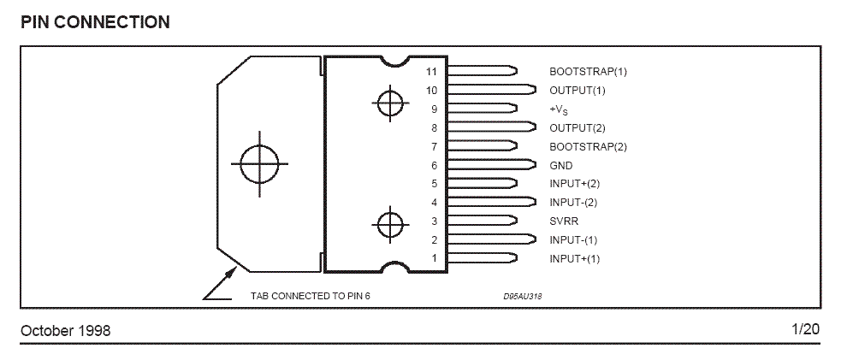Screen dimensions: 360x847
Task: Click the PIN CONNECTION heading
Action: click(x=95, y=22)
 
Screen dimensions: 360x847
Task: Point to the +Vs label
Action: click(x=559, y=109)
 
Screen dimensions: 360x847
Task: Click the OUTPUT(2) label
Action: click(x=577, y=128)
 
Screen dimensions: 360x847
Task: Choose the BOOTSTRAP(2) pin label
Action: click(x=588, y=146)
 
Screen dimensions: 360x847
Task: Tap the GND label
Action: click(x=560, y=165)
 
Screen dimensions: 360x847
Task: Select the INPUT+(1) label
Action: click(x=574, y=258)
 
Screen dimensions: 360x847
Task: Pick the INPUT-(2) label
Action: click(x=572, y=203)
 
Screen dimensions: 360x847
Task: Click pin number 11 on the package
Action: click(x=431, y=72)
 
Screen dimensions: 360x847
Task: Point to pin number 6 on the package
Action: click(x=434, y=165)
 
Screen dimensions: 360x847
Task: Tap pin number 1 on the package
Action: click(x=434, y=258)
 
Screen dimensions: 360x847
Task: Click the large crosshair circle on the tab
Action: click(x=258, y=164)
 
